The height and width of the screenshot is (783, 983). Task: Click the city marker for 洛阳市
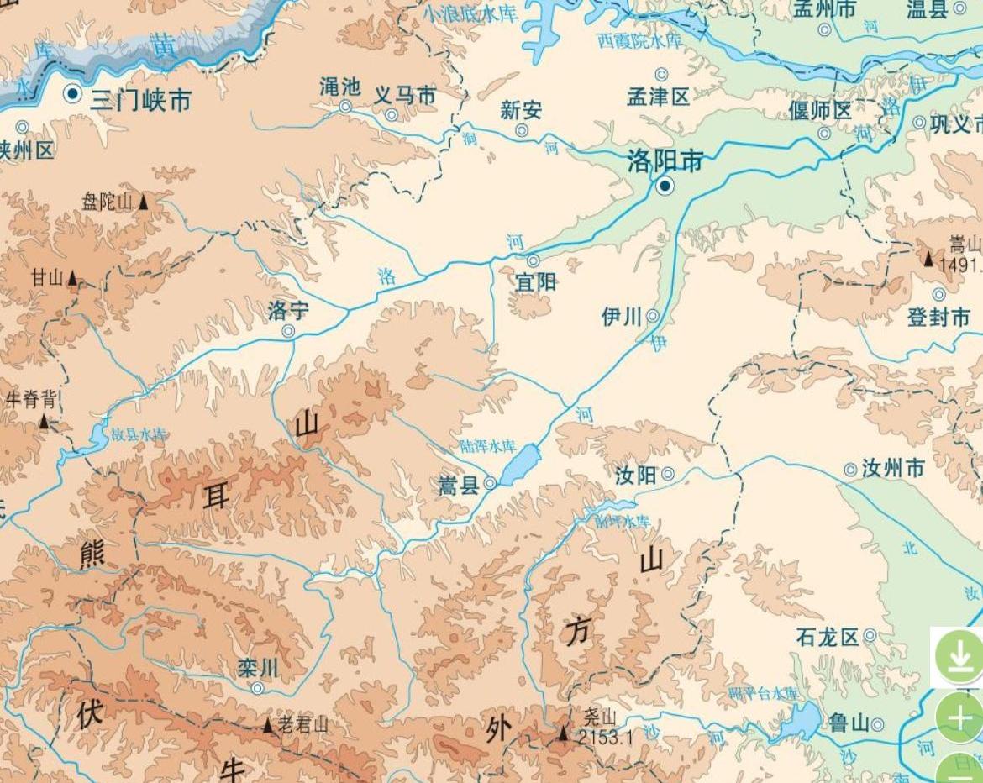tap(665, 186)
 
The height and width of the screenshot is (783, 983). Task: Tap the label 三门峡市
tap(141, 101)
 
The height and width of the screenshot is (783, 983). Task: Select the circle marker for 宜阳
tap(534, 260)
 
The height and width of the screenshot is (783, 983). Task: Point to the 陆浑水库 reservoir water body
tap(520, 465)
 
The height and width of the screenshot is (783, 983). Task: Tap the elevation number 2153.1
tap(605, 738)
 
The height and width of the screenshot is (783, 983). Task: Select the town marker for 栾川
tap(258, 688)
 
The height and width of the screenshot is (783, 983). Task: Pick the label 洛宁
tap(288, 311)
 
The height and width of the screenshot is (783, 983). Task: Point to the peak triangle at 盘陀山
tap(144, 202)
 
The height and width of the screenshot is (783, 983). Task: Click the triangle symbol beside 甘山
tap(73, 277)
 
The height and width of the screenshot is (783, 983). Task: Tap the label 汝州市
tap(893, 469)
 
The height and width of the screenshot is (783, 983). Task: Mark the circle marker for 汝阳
tap(668, 474)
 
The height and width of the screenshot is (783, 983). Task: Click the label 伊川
tap(622, 317)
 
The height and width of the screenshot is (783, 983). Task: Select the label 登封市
tap(938, 318)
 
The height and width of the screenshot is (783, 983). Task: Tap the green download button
tap(959, 655)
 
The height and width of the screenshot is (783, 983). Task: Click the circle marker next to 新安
tap(522, 130)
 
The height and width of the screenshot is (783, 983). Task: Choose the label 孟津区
tap(659, 97)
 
